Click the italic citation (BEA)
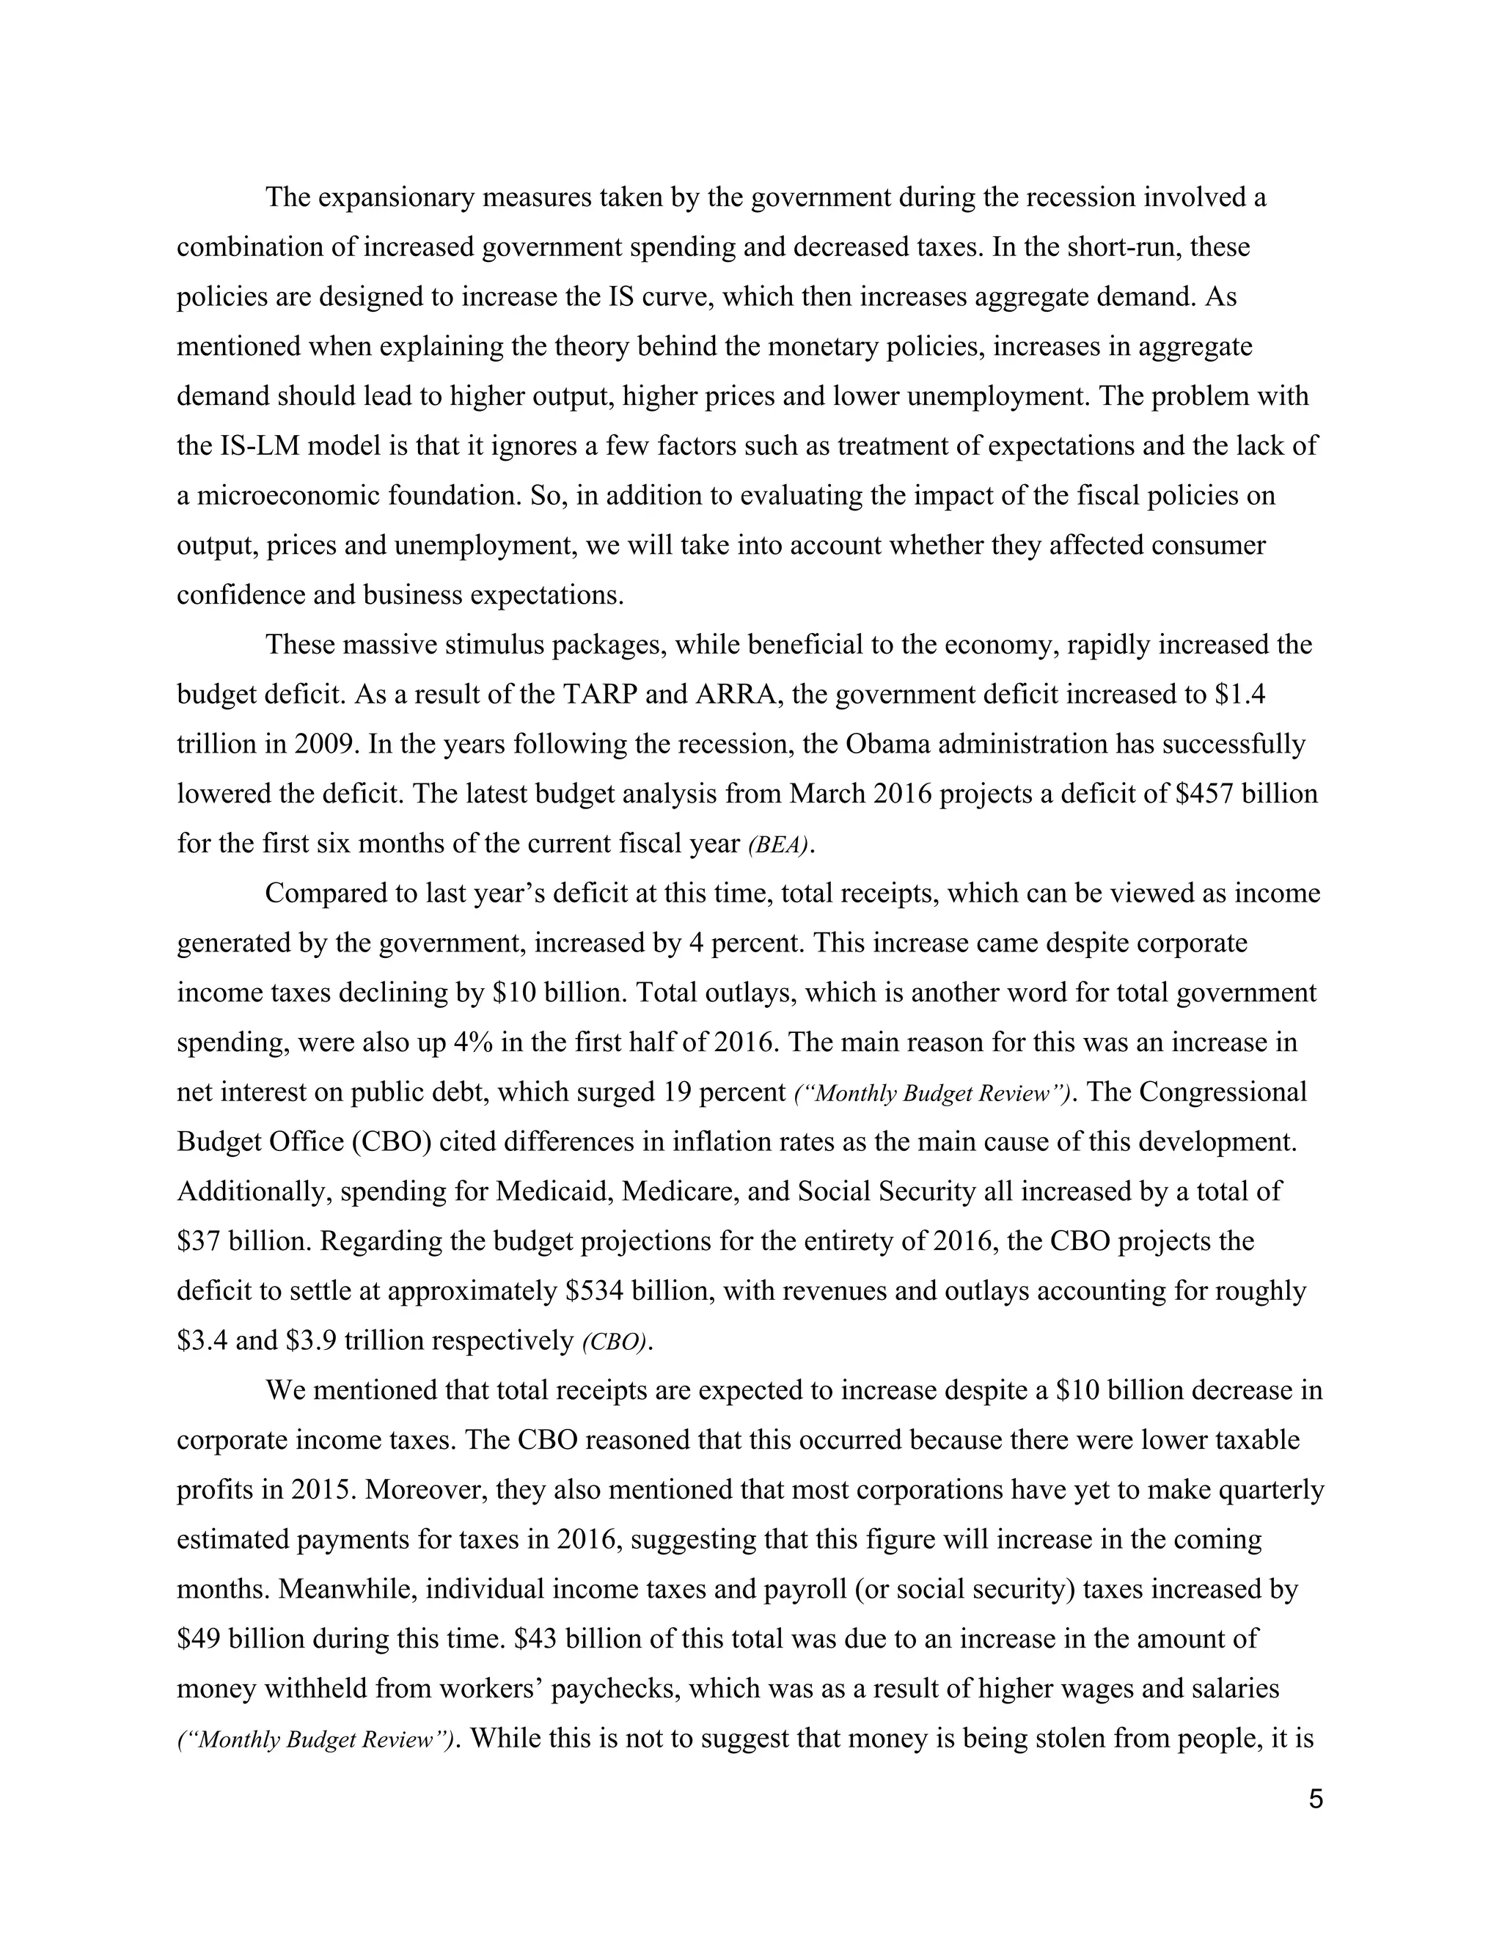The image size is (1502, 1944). click(780, 844)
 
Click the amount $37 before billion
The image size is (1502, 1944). click(199, 1242)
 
